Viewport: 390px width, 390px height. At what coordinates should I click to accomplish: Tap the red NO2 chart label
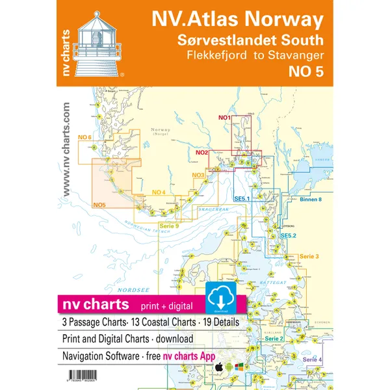point(201,153)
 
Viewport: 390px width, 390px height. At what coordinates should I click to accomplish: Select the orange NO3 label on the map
point(198,174)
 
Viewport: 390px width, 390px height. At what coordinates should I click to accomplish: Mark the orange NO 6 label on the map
point(84,137)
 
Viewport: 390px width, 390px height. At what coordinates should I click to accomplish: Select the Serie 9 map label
point(169,225)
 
